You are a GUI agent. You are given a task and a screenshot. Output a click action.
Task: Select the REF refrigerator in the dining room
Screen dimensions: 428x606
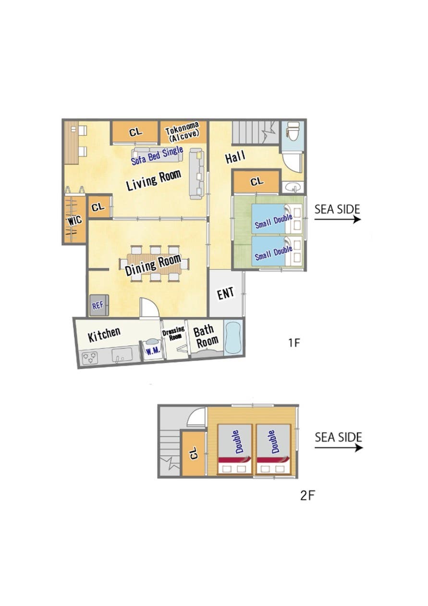point(99,305)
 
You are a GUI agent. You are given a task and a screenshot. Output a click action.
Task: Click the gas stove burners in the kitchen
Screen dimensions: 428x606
point(90,358)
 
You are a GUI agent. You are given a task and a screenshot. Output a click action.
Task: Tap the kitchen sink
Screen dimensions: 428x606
point(122,355)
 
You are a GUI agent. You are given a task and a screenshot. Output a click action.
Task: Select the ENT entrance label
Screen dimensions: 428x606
point(226,293)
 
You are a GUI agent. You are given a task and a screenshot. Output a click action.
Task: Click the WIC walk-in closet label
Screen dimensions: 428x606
point(74,220)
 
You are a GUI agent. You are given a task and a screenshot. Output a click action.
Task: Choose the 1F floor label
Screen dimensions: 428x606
point(294,343)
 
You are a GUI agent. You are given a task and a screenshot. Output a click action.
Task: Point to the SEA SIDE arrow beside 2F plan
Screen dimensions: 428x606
point(339,448)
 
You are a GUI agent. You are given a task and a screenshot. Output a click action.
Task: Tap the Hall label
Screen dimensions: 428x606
point(235,157)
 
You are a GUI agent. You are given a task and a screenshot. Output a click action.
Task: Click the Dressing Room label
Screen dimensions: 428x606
point(174,333)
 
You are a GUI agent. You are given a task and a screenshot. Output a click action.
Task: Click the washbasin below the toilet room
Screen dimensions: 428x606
point(293,187)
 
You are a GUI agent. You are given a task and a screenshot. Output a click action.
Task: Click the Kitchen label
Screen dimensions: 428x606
point(104,335)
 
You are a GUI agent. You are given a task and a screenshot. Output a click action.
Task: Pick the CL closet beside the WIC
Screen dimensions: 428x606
point(98,207)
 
